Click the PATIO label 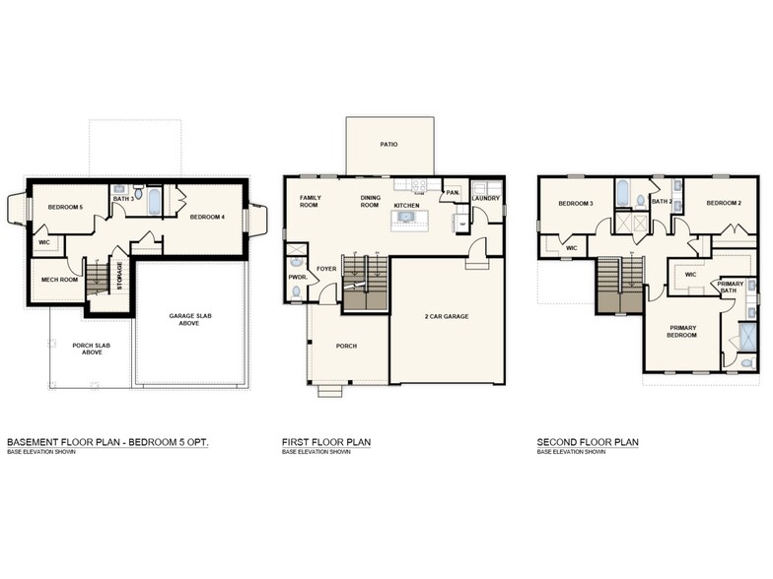[388, 144]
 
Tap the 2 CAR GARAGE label [448, 316]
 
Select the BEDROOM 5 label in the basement [66, 207]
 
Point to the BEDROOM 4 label [208, 217]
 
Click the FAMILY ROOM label [310, 201]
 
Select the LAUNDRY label [486, 198]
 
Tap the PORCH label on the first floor [346, 346]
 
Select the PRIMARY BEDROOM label [682, 331]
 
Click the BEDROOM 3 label [575, 204]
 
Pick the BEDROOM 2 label [723, 203]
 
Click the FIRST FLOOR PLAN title [326, 443]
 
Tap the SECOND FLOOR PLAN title [587, 443]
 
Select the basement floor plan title [107, 443]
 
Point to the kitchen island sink [405, 218]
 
